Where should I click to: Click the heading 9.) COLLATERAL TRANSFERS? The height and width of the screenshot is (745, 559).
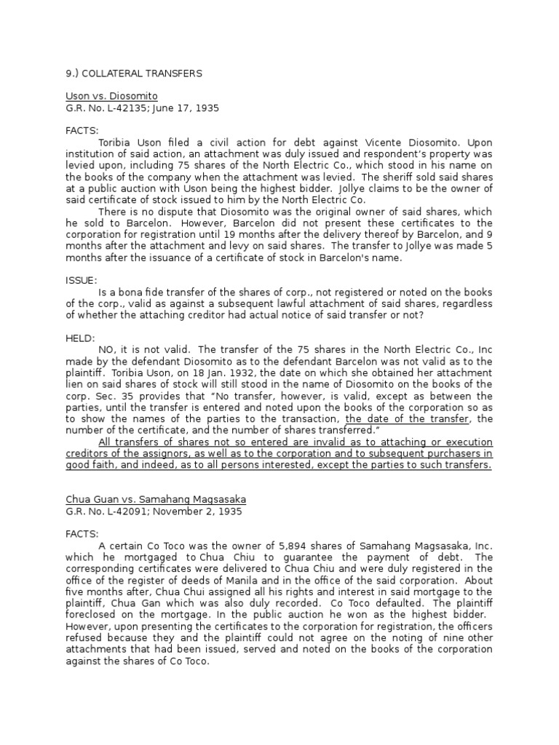[x=134, y=73]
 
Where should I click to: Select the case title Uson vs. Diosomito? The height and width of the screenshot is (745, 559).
[x=111, y=96]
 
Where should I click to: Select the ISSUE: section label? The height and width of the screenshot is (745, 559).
[x=81, y=279]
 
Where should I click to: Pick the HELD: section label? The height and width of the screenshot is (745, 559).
[x=80, y=338]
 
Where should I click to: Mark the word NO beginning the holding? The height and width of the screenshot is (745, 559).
[x=106, y=349]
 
